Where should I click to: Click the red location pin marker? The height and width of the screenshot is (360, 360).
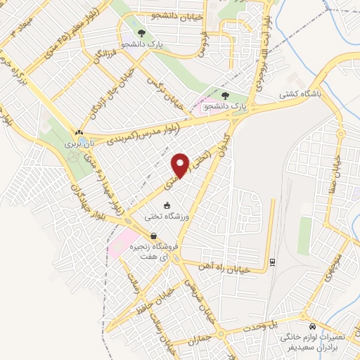(x=181, y=165)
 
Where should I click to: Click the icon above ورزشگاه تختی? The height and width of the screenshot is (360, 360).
(x=166, y=205)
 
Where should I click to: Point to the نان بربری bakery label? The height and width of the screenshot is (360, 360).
(x=79, y=142)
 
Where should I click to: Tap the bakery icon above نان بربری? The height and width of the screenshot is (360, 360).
(x=79, y=132)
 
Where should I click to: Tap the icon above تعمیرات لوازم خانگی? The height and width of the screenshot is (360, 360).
(x=311, y=326)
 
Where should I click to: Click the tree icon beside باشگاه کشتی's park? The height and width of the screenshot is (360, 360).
(x=225, y=95)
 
